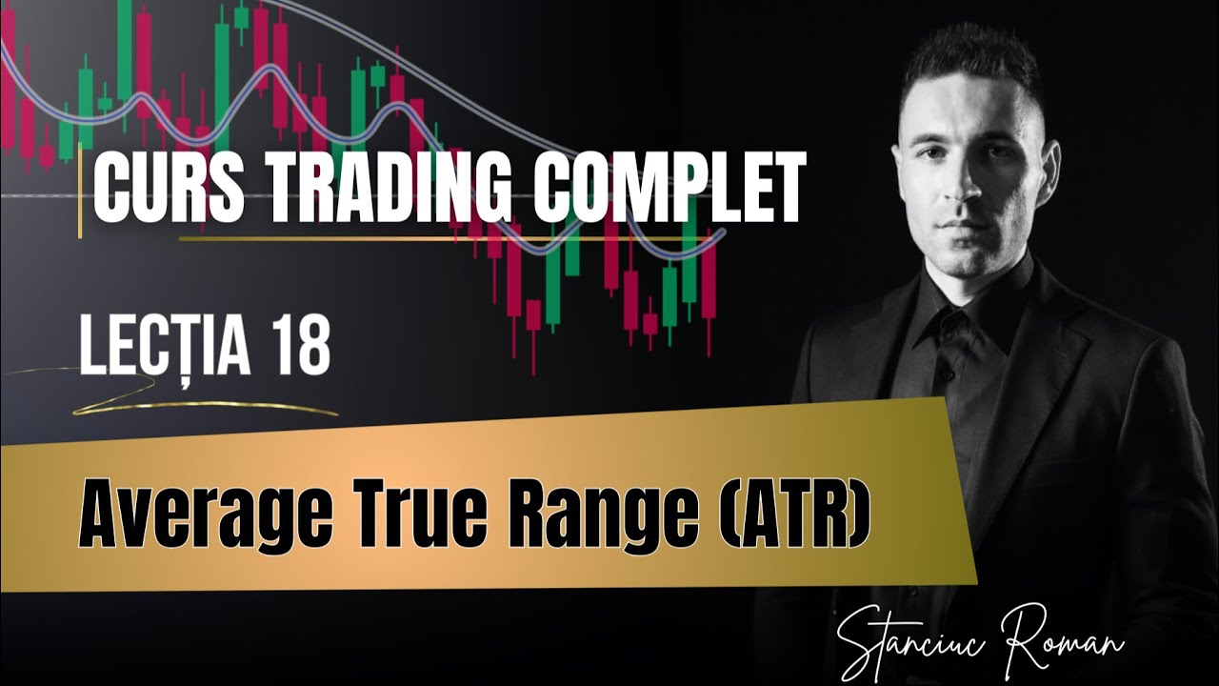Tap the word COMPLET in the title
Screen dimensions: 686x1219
(667, 190)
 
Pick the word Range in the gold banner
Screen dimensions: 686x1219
(571, 520)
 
